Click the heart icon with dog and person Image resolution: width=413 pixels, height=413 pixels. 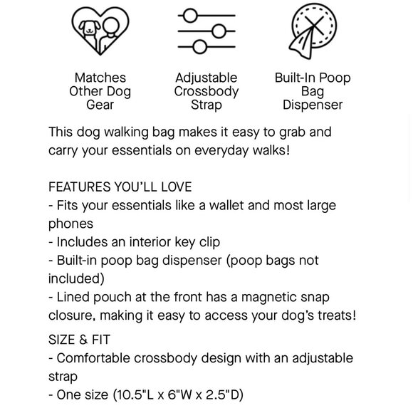(x=100, y=31)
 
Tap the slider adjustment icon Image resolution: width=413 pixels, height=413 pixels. (x=206, y=31)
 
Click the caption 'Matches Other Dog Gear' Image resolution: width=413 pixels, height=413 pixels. (x=100, y=91)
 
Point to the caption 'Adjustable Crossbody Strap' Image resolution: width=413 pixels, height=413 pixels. (x=206, y=91)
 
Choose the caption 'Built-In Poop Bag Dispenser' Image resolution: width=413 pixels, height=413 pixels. (x=313, y=91)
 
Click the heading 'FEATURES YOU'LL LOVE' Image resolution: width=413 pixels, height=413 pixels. (x=120, y=187)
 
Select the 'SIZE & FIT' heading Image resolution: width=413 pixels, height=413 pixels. (x=80, y=340)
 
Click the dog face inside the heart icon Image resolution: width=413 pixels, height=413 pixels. (x=90, y=28)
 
